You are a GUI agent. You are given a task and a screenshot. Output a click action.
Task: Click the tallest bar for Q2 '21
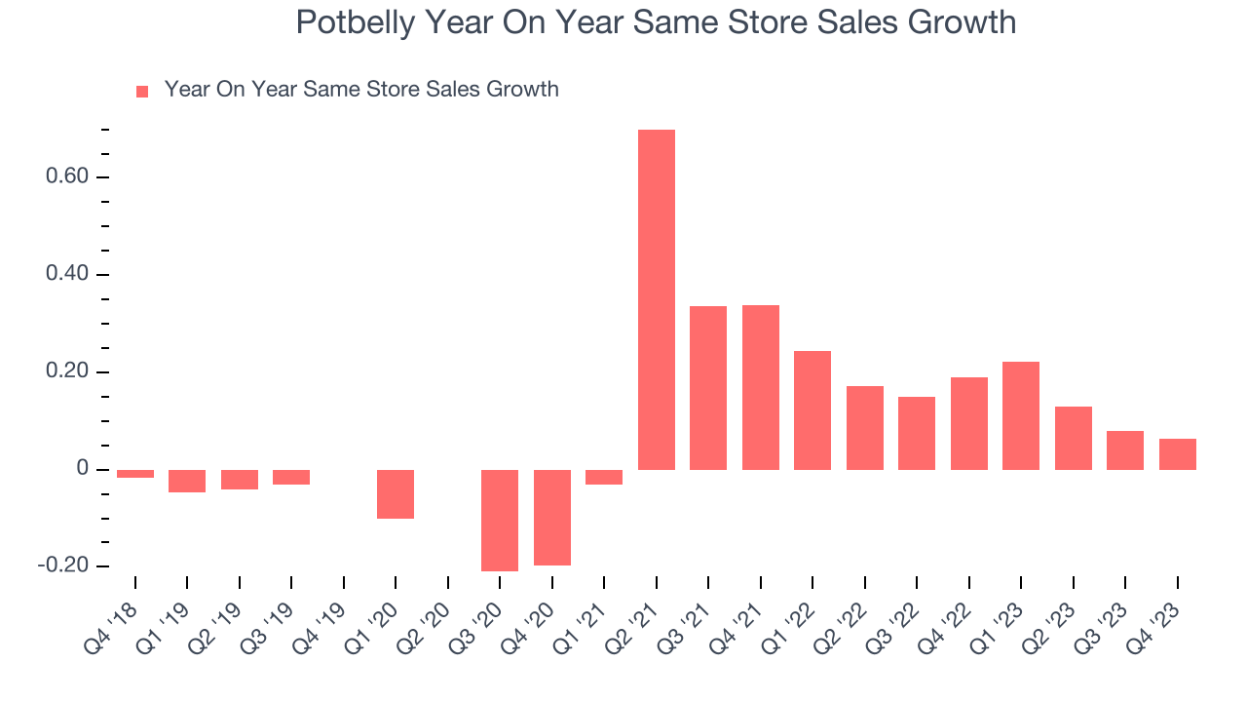(x=656, y=299)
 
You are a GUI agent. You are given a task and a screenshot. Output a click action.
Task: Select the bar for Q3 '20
(x=500, y=520)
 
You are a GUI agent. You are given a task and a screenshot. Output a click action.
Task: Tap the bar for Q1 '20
(x=396, y=493)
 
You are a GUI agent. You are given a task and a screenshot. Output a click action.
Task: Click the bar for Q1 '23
(x=1021, y=415)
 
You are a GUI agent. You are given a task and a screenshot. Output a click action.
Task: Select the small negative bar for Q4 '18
(x=135, y=474)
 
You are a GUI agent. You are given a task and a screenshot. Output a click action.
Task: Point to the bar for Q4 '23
(x=1177, y=454)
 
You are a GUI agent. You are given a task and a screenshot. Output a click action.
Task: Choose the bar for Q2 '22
(x=864, y=428)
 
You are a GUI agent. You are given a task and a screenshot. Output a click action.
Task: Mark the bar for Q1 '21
(x=604, y=477)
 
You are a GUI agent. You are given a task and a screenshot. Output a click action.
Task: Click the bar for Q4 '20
(x=551, y=517)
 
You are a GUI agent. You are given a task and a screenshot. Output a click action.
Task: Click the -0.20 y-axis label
(x=60, y=566)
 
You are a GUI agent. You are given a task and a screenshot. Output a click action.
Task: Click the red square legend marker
(x=142, y=92)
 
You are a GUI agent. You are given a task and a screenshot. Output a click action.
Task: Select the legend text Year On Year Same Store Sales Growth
(x=361, y=90)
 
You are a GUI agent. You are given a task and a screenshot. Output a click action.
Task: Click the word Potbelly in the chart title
(x=355, y=22)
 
